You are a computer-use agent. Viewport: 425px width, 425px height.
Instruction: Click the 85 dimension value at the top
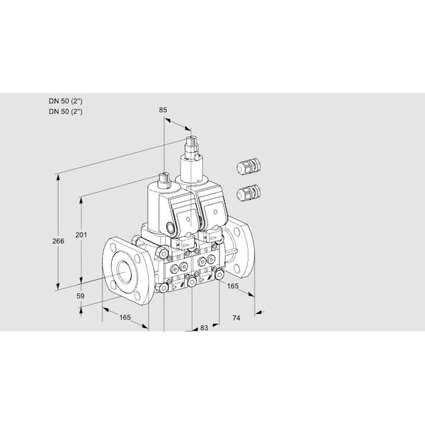click(163, 110)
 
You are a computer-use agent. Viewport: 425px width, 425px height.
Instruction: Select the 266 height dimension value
click(58, 241)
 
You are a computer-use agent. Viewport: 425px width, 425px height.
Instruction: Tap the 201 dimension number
click(81, 234)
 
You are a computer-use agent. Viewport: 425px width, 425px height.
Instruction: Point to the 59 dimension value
click(80, 296)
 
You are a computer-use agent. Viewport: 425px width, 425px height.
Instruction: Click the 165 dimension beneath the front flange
click(125, 317)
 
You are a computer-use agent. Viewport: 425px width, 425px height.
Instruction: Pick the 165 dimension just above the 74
click(232, 286)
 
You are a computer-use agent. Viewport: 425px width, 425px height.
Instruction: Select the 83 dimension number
click(204, 328)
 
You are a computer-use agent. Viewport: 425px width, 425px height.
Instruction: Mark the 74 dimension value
click(236, 317)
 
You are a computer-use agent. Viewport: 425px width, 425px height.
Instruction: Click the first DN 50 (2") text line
click(66, 101)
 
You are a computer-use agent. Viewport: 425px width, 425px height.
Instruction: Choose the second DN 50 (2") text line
click(66, 111)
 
